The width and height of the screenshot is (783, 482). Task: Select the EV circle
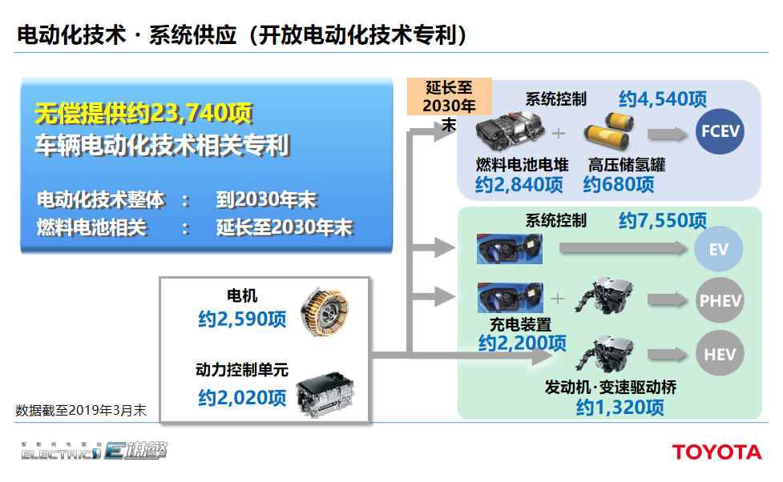[719, 250]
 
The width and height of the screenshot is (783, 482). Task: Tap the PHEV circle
[720, 301]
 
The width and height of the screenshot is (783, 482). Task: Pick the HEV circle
[720, 353]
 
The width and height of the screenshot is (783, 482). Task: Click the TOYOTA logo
[716, 452]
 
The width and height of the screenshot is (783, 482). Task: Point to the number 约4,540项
[662, 98]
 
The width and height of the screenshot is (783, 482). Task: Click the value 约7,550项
[662, 221]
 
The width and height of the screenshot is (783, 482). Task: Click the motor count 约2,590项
[242, 319]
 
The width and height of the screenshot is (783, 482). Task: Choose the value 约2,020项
[242, 397]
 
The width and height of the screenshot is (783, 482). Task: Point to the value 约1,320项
[620, 408]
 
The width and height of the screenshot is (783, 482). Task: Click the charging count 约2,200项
[522, 343]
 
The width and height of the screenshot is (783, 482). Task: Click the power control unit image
[325, 392]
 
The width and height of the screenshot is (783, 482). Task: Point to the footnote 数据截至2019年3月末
[80, 411]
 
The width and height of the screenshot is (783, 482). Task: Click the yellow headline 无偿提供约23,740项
[144, 114]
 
